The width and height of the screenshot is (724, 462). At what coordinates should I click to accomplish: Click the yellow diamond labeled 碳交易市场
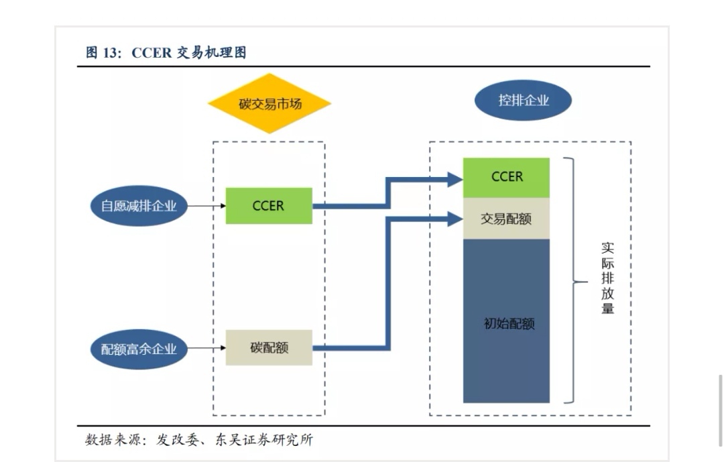(269, 104)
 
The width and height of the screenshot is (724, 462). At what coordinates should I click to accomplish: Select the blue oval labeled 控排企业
(523, 101)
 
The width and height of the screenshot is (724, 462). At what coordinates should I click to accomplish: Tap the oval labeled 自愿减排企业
(139, 206)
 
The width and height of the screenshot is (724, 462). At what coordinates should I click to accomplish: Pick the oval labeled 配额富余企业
(139, 349)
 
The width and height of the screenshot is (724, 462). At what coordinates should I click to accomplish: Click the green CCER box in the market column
(269, 206)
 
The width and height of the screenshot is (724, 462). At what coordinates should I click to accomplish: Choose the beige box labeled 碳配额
(269, 347)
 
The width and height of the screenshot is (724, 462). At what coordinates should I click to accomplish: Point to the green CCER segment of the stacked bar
(506, 177)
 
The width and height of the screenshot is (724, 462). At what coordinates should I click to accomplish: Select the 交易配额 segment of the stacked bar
(506, 219)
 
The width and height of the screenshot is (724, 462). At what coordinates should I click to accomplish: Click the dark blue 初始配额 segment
(506, 322)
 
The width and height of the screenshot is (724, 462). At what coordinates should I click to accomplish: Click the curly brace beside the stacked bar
(571, 282)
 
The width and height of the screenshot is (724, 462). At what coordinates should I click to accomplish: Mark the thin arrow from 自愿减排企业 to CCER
(206, 206)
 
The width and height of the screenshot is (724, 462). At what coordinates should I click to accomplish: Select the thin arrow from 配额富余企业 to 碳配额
(206, 348)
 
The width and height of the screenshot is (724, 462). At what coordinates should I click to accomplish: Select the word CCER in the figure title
(152, 53)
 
